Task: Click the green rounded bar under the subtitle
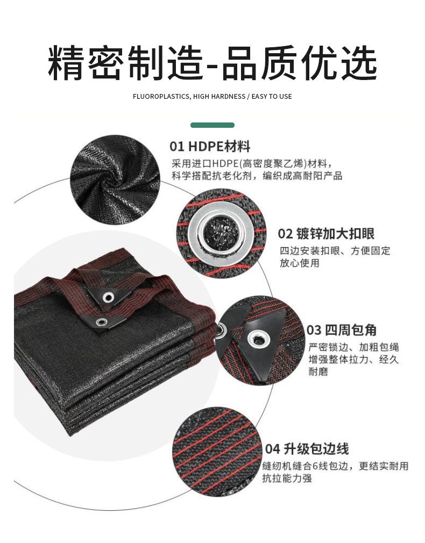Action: coord(212,125)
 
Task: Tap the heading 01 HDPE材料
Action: coord(210,146)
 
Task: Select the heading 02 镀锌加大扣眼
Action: coord(326,234)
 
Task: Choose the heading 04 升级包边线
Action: coord(307,448)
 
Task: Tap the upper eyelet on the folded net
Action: coord(109,297)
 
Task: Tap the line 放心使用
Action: coord(299,263)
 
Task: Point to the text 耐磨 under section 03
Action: coord(318,372)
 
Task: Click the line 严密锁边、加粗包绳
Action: coord(353,347)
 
